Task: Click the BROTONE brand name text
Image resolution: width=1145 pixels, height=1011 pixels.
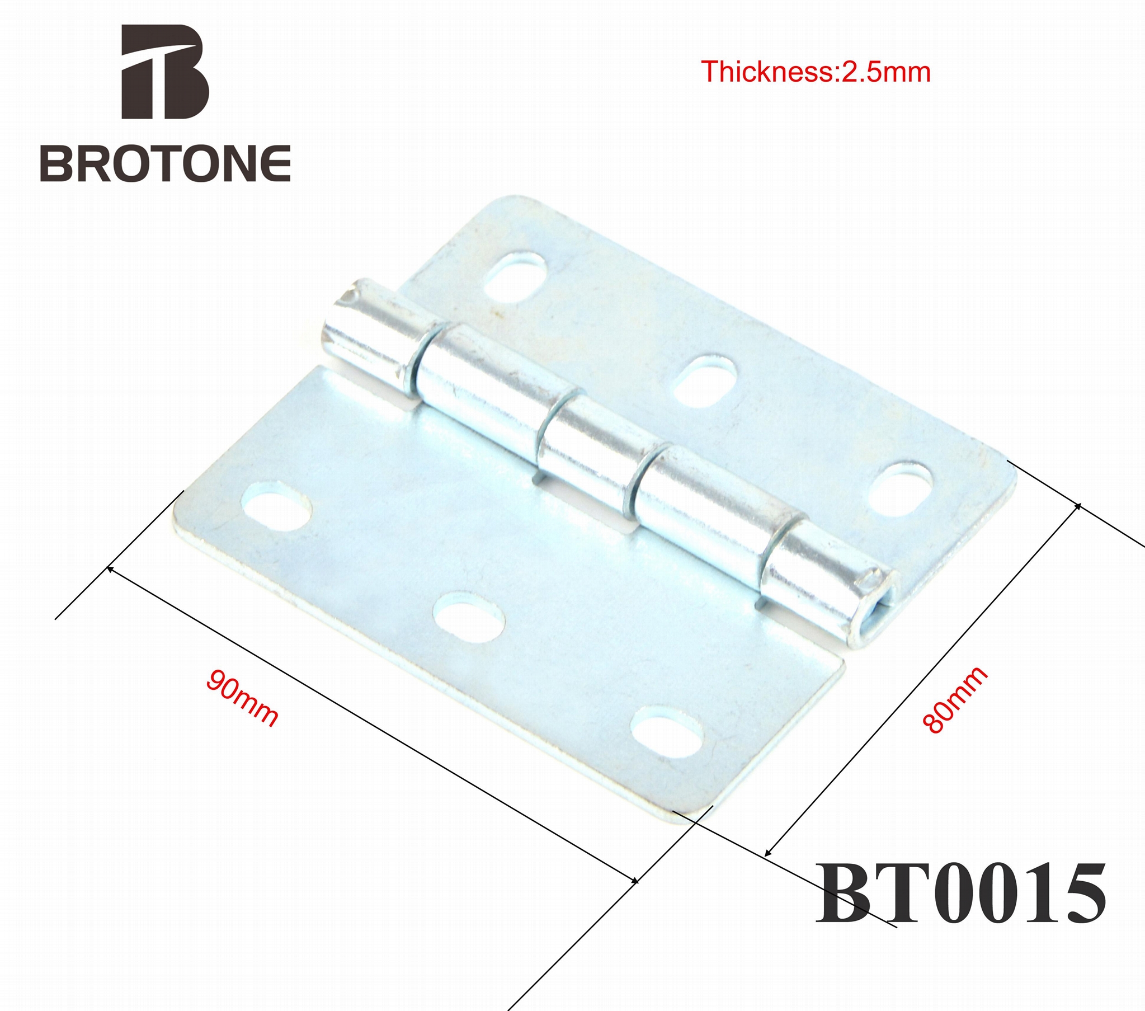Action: [165, 163]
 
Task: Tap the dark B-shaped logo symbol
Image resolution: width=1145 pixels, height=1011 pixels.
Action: [165, 72]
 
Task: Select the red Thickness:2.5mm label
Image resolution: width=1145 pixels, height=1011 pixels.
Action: [815, 72]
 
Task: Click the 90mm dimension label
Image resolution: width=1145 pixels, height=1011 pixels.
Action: [242, 698]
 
